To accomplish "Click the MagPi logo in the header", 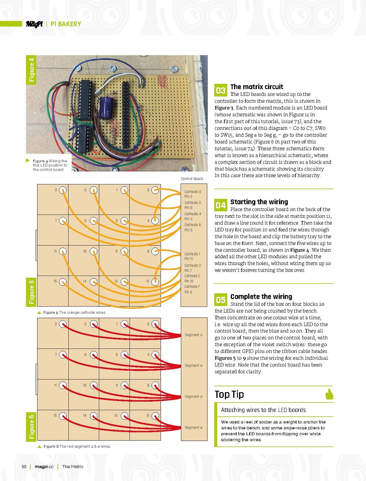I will [34, 24].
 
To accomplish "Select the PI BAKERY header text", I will [66, 24].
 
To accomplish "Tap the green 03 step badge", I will [221, 90].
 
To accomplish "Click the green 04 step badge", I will [221, 205].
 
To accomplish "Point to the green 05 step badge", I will [221, 300].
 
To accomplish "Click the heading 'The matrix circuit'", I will [257, 87].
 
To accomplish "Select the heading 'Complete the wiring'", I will [261, 296].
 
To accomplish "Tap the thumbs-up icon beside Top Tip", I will [329, 394].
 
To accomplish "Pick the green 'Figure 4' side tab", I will [31, 70].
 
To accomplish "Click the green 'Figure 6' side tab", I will [31, 427].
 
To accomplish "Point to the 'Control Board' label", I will [192, 179].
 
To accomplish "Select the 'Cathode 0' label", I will [192, 192].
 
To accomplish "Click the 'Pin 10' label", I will [189, 281].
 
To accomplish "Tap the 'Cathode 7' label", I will [192, 287].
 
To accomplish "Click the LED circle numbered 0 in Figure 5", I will [155, 190].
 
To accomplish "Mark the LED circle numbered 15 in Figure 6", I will [63, 416].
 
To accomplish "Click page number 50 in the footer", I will [24, 466].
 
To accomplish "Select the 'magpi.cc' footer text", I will [44, 466].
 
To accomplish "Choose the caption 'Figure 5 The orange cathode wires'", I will [74, 312].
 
